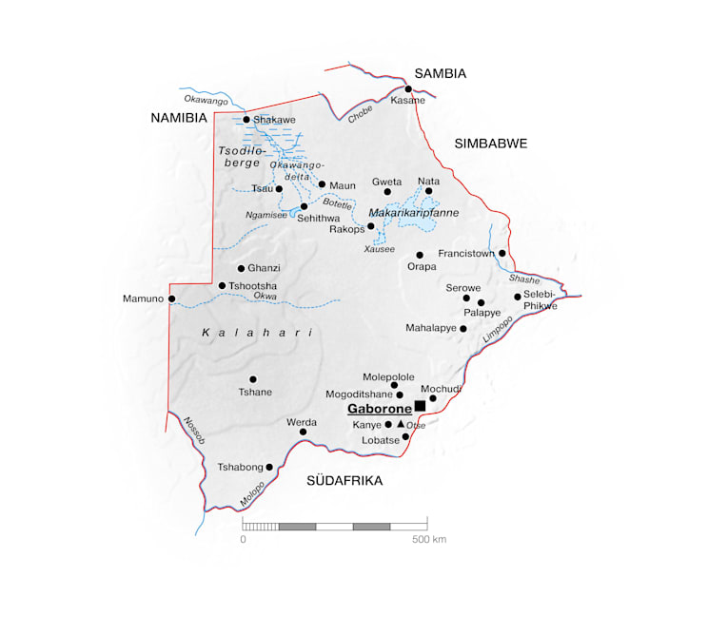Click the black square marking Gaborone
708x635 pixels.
click(420, 406)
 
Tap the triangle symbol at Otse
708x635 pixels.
click(401, 423)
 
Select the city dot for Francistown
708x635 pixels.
click(502, 253)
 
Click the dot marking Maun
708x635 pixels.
click(322, 184)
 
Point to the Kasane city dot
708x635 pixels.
click(408, 89)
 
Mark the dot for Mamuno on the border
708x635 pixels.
click(171, 298)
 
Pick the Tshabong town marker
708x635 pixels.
click(269, 467)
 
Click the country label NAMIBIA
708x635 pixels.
click(178, 118)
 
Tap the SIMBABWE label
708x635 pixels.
click(490, 143)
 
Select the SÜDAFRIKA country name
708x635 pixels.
click(344, 481)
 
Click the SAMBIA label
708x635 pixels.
click(440, 73)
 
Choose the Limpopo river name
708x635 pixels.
click(497, 329)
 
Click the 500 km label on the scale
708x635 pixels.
click(429, 539)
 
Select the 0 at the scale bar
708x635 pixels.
click(243, 539)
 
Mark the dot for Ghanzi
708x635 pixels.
click(241, 268)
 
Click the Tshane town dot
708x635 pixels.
click(252, 379)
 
